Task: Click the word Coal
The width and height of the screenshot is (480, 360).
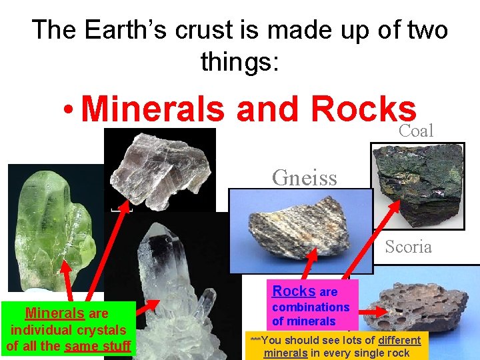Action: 416,131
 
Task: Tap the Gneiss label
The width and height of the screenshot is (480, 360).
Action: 304,177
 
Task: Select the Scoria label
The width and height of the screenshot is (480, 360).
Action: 408,247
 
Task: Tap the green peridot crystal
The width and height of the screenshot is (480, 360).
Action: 50,227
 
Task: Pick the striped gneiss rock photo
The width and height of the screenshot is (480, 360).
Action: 300,230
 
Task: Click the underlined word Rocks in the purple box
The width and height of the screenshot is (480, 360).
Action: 294,291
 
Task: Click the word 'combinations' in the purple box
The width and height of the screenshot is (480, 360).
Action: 311,307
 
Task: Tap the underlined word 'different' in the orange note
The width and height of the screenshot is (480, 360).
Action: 399,340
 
